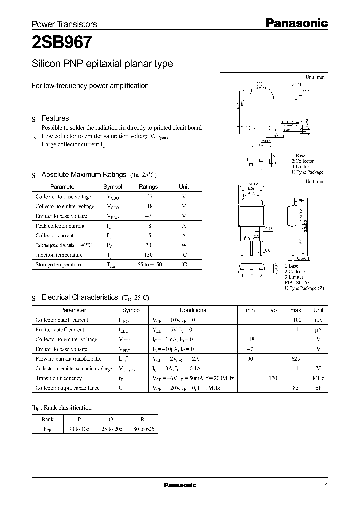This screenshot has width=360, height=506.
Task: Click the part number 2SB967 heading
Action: pos(62,43)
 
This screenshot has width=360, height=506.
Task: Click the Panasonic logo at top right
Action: pos(295,23)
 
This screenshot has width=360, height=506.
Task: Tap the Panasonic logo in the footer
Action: pos(180,485)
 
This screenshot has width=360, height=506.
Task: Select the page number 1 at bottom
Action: pos(326,486)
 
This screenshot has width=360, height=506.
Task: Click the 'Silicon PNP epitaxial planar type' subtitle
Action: pos(102,64)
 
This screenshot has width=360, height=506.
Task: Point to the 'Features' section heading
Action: pos(55,118)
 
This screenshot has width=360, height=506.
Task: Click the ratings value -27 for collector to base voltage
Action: pos(148,197)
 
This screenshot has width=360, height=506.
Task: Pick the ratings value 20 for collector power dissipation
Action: pos(148,245)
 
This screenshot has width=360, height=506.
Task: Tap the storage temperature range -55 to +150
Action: pos(148,265)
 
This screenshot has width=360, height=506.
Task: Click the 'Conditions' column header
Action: pos(193,310)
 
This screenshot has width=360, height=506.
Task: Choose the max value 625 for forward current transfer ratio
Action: pos(296,359)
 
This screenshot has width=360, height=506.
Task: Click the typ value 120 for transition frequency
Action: pos(272,378)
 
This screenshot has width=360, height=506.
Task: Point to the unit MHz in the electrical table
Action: pos(318,378)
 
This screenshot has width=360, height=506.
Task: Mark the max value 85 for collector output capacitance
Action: pos(296,388)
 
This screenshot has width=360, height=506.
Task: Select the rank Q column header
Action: pos(111,419)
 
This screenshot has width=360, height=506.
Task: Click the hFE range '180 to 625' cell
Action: pos(141,429)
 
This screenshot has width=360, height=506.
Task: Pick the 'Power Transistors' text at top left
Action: pos(64,24)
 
